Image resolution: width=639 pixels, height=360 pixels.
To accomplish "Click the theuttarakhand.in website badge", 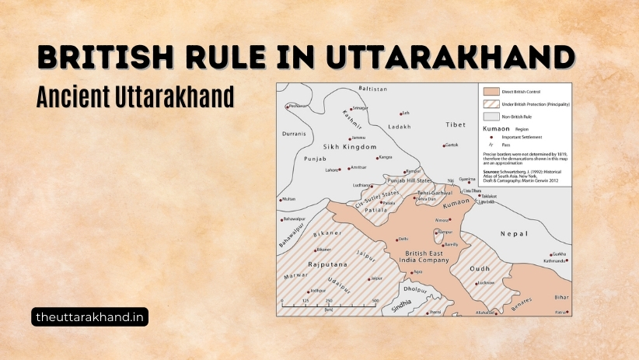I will tap(90, 316).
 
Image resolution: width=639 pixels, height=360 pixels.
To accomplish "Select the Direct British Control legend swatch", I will tap(490, 90).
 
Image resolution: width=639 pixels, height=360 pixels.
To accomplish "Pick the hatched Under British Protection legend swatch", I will tap(490, 103).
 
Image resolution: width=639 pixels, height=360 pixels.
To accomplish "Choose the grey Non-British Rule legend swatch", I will tap(490, 115).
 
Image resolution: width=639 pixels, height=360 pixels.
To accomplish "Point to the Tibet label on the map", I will tap(456, 124).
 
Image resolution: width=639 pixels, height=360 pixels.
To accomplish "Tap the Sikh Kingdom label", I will tap(349, 146).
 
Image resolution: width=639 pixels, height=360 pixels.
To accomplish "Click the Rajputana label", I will tap(326, 265).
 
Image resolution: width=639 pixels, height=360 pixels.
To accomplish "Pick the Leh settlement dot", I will tap(400, 114).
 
